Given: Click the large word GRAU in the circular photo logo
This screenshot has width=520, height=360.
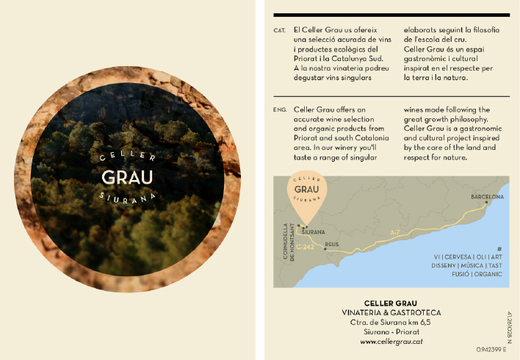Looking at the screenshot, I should click(127, 178).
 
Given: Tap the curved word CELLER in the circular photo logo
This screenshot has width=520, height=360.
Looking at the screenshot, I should click(127, 156).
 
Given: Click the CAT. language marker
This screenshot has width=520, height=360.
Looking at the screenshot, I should click(279, 30).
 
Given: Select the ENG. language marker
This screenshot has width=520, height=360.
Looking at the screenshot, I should click(279, 109).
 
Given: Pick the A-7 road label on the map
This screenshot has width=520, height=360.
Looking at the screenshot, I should click(394, 234).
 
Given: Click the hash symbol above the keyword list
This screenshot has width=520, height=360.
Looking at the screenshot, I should click(499, 248).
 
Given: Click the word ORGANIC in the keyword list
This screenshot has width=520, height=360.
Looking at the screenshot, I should click(488, 273).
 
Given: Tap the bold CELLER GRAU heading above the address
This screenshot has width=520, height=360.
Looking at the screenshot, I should click(390, 303).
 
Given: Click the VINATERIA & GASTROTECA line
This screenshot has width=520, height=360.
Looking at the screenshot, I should click(390, 313).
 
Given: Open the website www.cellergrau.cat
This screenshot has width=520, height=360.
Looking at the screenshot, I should click(390, 341).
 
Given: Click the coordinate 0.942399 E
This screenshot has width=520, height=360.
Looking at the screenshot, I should click(492, 349).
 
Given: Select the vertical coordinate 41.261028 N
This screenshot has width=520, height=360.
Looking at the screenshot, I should click(509, 328).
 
